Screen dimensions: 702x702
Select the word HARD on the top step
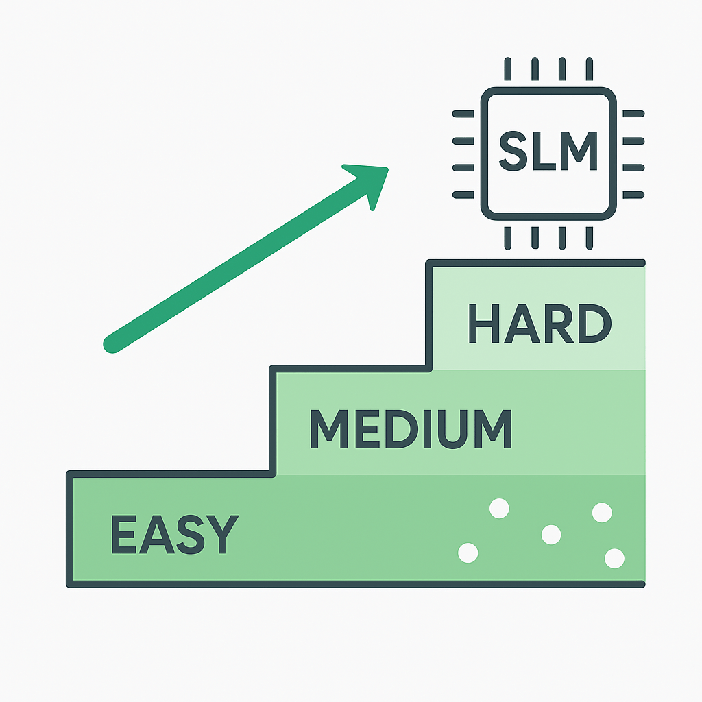[539, 324]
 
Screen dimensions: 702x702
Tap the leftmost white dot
[468, 553]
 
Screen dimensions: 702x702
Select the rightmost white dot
[614, 559]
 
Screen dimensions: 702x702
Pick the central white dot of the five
[550, 534]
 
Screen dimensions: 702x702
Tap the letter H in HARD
[484, 324]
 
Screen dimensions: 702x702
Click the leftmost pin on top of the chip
[507, 69]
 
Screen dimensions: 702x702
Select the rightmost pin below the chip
[588, 238]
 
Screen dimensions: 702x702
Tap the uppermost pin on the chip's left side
[463, 114]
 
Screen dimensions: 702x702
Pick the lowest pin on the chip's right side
[633, 194]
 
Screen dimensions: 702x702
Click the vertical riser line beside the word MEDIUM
[273, 422]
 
